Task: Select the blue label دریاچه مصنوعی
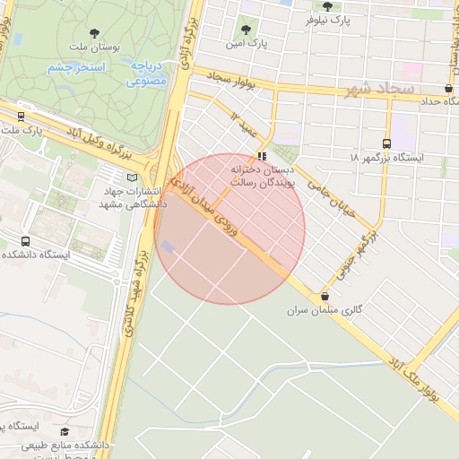143,74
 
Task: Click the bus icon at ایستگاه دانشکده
25,241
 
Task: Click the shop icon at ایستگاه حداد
448,88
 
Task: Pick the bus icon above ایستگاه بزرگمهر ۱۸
387,143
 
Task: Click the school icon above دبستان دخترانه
262,155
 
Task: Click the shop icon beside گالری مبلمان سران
325,296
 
